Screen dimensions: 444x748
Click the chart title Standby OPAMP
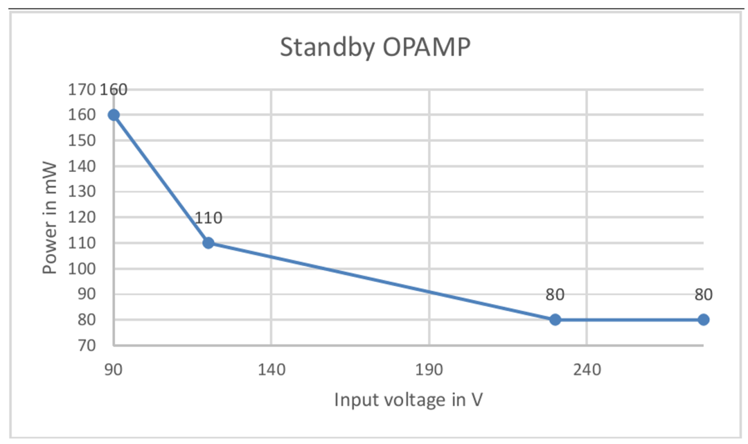click(375, 46)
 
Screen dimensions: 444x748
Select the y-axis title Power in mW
click(50, 217)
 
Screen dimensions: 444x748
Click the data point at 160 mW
click(114, 115)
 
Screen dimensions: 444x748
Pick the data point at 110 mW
click(208, 242)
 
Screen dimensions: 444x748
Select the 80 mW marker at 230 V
click(555, 319)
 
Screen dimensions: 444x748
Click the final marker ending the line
click(703, 319)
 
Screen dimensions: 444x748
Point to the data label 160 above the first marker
click(114, 89)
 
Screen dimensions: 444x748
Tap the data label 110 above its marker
click(208, 217)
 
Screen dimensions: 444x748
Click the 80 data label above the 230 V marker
click(555, 294)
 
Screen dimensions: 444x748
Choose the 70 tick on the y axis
click(85, 345)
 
